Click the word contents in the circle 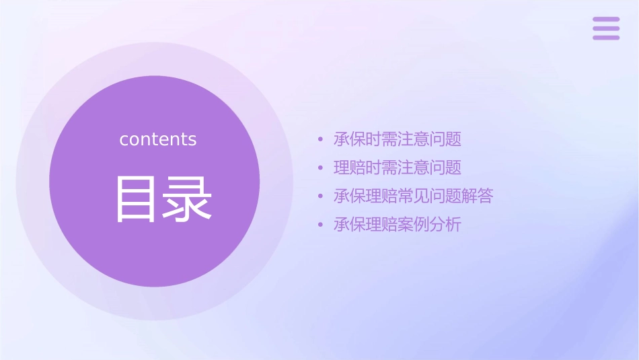pos(158,139)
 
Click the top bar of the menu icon pos(606,20)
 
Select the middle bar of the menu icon pos(606,28)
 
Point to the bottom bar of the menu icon pos(606,37)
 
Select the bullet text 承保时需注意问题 pos(398,139)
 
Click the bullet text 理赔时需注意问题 pos(398,168)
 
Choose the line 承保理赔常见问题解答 pos(413,196)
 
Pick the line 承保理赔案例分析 pos(398,224)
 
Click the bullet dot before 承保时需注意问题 pos(321,140)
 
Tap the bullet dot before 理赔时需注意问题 pos(321,168)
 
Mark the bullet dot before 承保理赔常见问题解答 pos(321,196)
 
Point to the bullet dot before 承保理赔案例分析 pos(321,225)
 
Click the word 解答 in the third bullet pos(478,196)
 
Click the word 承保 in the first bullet pos(350,139)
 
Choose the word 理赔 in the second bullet pos(350,168)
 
